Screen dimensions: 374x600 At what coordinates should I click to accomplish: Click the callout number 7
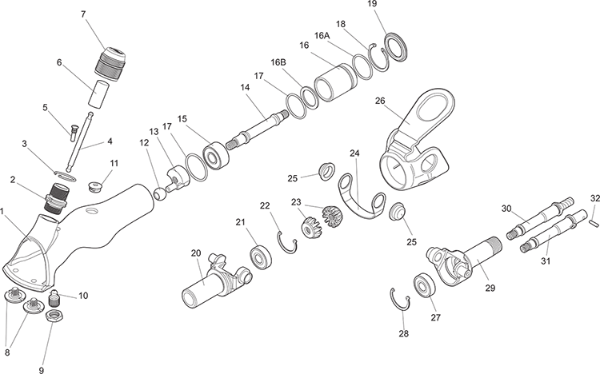tap(83, 14)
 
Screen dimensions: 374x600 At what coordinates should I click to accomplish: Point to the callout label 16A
tap(322, 36)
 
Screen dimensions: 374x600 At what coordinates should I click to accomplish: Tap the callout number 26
tap(380, 101)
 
